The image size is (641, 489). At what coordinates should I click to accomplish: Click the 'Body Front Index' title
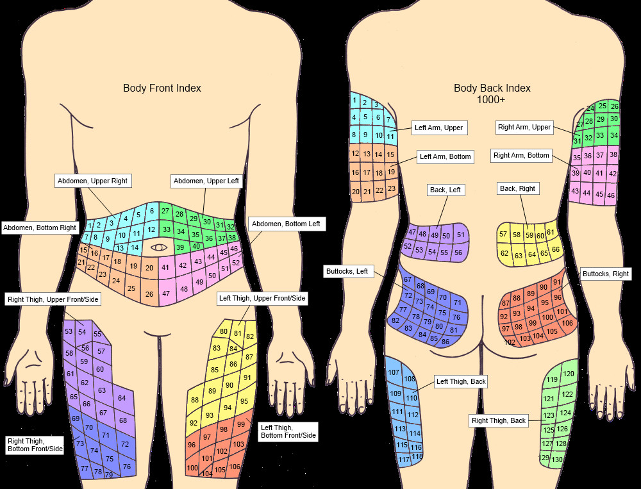click(162, 88)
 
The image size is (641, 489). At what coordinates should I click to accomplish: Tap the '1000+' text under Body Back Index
click(492, 99)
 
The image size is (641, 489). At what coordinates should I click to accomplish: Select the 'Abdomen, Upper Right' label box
click(93, 181)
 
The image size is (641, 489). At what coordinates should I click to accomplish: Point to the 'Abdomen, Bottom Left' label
click(286, 224)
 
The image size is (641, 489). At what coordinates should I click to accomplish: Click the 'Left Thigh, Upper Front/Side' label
click(262, 298)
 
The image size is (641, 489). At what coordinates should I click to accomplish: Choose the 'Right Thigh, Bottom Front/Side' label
click(35, 445)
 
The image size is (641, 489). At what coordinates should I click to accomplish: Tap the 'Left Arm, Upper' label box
click(438, 128)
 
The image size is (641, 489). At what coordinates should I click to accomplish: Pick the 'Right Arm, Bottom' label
click(521, 155)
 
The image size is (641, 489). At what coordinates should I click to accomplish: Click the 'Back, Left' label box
click(445, 190)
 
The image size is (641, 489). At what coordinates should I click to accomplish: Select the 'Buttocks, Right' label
click(605, 274)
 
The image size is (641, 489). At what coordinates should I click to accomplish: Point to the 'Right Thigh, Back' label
click(499, 420)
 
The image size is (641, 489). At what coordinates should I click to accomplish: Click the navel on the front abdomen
click(158, 247)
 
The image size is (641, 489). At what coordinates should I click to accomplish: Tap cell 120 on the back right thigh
click(568, 374)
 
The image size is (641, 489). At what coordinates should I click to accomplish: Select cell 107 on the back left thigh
click(394, 372)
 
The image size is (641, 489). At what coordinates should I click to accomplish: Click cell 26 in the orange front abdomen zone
click(149, 294)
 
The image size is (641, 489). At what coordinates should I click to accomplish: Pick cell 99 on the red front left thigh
click(241, 424)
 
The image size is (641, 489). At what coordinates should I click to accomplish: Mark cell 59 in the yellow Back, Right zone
click(529, 235)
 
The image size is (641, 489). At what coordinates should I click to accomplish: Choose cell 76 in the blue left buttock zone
click(456, 317)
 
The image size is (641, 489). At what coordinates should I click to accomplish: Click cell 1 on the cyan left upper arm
click(354, 100)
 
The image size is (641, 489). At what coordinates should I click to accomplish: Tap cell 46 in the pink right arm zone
click(611, 195)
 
